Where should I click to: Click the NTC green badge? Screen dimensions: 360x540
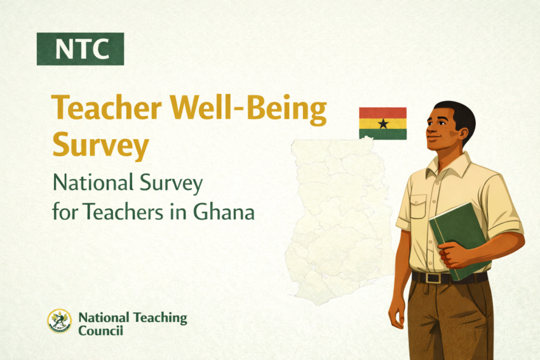pos(80,49)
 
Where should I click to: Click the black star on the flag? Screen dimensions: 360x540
pos(382,123)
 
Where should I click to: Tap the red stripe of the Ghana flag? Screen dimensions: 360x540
pos(382,112)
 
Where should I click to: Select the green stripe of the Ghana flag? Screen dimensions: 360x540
pos(382,134)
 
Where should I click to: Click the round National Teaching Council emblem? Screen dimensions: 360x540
pos(60,321)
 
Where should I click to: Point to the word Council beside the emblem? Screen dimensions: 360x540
pos(100,331)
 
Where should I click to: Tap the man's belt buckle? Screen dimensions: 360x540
pos(433,277)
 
